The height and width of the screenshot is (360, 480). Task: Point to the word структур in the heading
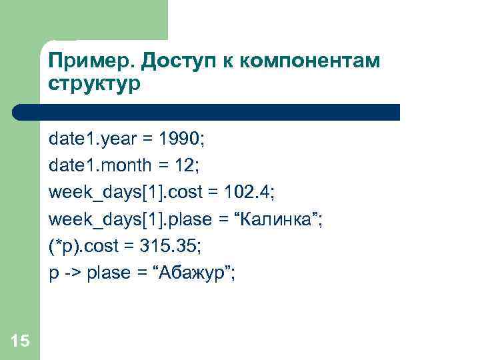[x=94, y=85]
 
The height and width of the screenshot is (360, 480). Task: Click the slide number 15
[x=20, y=341]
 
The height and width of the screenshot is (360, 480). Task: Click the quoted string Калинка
[x=282, y=219]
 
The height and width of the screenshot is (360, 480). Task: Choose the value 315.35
[x=169, y=246]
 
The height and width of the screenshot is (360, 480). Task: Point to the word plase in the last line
[x=108, y=273]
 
